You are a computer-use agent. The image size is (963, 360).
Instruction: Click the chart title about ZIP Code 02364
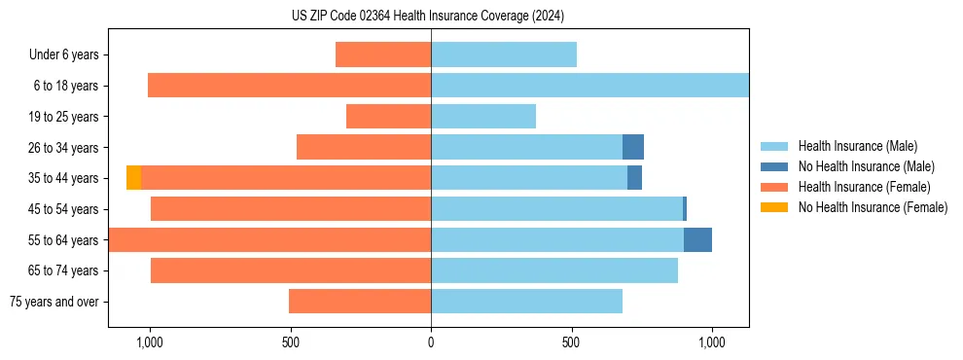(x=427, y=16)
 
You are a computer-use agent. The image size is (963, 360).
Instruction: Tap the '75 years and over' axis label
(x=53, y=302)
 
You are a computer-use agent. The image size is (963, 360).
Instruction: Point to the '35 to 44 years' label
(x=63, y=178)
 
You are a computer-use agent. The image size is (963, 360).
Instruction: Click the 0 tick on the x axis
(x=431, y=343)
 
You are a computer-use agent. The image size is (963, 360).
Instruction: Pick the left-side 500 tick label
(x=290, y=343)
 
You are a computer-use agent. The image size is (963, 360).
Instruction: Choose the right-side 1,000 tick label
(x=712, y=343)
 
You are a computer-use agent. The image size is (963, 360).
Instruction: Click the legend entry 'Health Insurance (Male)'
(x=857, y=146)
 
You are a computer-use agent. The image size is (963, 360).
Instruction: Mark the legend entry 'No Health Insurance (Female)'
(x=873, y=207)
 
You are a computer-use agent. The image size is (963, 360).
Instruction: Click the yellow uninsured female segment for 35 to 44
(x=133, y=178)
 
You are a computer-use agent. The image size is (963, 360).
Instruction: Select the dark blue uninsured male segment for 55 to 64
(x=697, y=239)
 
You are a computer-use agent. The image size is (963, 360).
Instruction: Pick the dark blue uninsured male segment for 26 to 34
(x=633, y=147)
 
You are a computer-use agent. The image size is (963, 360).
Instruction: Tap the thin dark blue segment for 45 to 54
(x=685, y=209)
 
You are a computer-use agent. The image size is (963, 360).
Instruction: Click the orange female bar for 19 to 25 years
(x=388, y=117)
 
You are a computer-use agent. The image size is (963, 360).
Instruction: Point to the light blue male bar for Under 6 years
(x=504, y=54)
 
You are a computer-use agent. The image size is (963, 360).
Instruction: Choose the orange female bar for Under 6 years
(x=383, y=54)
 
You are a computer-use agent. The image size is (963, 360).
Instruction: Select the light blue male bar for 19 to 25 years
(x=483, y=117)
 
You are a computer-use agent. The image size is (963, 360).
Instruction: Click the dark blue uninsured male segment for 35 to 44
(x=634, y=178)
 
